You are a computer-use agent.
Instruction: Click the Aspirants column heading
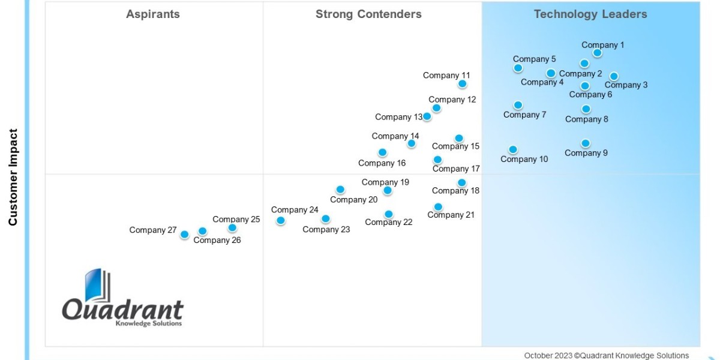152,14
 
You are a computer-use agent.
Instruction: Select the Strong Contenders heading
368,14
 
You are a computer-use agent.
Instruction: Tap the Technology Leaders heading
590,14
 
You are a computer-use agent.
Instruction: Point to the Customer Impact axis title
13,177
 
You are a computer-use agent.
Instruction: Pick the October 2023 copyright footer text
606,356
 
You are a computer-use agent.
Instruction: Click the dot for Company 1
598,53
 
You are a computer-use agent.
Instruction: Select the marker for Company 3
614,76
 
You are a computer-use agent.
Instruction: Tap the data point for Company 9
586,143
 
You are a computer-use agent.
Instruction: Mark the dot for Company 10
513,149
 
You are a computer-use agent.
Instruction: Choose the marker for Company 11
462,84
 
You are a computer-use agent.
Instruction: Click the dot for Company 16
382,152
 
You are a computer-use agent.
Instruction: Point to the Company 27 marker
185,235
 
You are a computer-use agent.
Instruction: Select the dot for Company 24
280,221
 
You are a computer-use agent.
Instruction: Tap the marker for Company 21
438,207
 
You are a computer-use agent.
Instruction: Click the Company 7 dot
518,105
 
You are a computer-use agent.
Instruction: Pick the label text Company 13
399,117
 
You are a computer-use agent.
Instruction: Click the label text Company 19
385,182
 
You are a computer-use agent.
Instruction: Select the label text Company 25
236,220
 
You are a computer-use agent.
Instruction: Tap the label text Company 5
534,59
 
